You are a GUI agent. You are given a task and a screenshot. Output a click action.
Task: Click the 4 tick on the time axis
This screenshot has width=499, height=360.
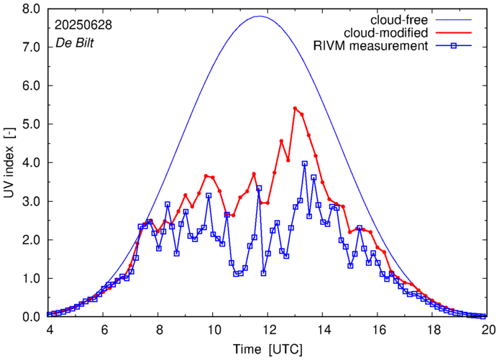pyautogui.click(x=49, y=330)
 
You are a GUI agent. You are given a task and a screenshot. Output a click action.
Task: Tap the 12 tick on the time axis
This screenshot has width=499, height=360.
pyautogui.click(x=269, y=330)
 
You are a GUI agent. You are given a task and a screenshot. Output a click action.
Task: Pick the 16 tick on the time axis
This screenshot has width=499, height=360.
pyautogui.click(x=379, y=330)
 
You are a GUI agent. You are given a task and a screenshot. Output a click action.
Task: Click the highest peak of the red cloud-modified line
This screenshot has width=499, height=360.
pyautogui.click(x=296, y=109)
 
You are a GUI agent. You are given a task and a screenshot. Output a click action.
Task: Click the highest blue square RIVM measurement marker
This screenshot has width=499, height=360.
pyautogui.click(x=305, y=164)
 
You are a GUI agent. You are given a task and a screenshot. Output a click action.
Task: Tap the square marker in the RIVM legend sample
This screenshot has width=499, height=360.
pyautogui.click(x=456, y=46)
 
